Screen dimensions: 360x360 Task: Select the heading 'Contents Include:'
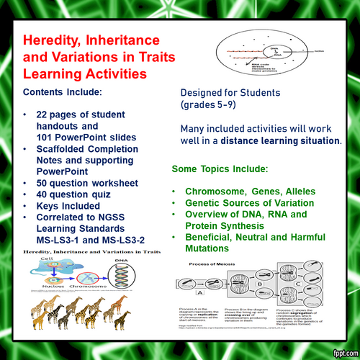tap(63, 94)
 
